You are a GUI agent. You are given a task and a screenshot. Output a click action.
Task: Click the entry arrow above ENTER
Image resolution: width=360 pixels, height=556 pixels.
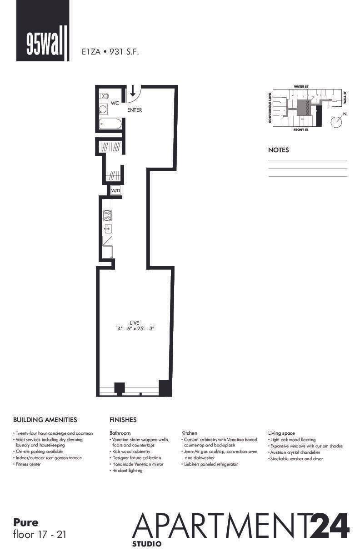click(132, 91)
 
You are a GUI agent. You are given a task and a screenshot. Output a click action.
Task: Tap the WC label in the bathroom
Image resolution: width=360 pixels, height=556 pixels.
click(115, 104)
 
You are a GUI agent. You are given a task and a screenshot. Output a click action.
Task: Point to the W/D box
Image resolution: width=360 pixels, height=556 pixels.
click(116, 191)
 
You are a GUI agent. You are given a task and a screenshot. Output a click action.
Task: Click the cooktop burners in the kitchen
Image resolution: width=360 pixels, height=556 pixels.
click(108, 215)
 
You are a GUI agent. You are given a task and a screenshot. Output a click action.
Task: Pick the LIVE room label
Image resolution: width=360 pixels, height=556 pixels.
click(134, 323)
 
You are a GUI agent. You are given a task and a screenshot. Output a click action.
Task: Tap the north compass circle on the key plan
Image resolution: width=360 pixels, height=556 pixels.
click(336, 122)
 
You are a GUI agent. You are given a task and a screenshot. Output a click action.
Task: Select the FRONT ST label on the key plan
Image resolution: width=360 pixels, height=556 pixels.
click(300, 130)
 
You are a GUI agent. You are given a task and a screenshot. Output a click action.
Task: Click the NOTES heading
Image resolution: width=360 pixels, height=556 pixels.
click(278, 150)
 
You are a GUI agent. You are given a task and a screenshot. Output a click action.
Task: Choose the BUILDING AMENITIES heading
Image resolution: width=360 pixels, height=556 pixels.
click(45, 420)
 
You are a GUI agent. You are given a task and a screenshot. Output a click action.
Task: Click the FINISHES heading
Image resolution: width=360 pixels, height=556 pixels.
click(123, 420)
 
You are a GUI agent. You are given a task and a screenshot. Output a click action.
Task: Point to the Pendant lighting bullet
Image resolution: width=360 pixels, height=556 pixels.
click(126, 471)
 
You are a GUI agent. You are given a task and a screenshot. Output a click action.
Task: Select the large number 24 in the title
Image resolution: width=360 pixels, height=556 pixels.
click(329, 526)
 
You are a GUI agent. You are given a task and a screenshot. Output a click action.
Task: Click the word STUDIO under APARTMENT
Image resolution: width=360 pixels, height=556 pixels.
click(146, 543)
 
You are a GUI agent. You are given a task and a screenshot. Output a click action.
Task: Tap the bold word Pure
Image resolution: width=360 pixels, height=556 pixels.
click(26, 522)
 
